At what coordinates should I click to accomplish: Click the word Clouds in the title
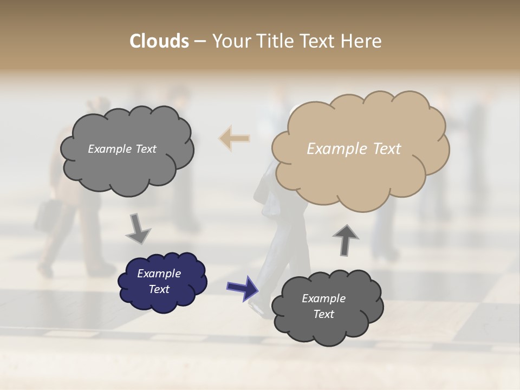point(159,41)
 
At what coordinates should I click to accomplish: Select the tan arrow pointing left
point(235,139)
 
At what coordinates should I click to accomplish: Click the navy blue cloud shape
point(162,281)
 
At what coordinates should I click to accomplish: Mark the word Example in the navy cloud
point(159,274)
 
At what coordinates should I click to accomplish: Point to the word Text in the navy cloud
point(159,289)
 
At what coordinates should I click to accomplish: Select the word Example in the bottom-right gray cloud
point(323,298)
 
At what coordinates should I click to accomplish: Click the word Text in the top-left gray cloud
point(146,149)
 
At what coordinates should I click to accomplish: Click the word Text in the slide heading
point(315,41)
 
